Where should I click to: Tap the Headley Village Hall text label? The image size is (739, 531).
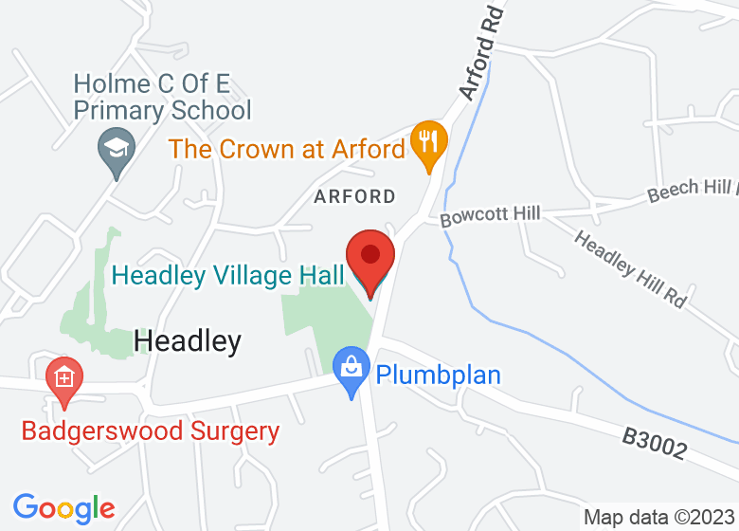click(226, 276)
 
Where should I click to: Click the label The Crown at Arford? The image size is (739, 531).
click(286, 149)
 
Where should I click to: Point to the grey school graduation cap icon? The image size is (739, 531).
click(117, 151)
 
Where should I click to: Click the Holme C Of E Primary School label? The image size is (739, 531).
click(162, 97)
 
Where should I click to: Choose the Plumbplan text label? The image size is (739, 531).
click(438, 375)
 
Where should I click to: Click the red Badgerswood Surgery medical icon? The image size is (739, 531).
click(63, 381)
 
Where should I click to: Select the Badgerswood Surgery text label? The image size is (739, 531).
click(151, 432)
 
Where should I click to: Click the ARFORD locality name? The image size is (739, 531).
click(354, 197)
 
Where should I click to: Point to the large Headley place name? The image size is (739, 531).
click(188, 340)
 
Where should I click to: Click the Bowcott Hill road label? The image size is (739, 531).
click(490, 215)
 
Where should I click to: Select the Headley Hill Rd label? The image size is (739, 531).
click(630, 269)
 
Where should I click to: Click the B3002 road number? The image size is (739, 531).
click(655, 444)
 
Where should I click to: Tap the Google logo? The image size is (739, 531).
click(63, 508)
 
